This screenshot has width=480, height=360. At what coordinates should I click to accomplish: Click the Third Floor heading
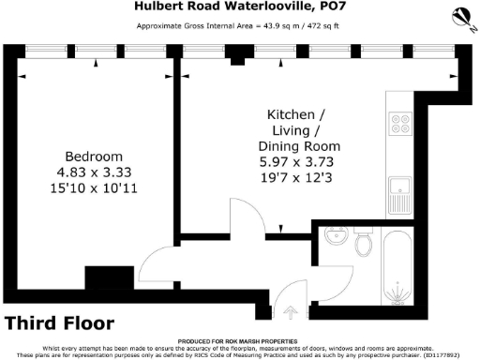60,323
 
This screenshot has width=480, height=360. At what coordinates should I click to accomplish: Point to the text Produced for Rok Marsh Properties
240,341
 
